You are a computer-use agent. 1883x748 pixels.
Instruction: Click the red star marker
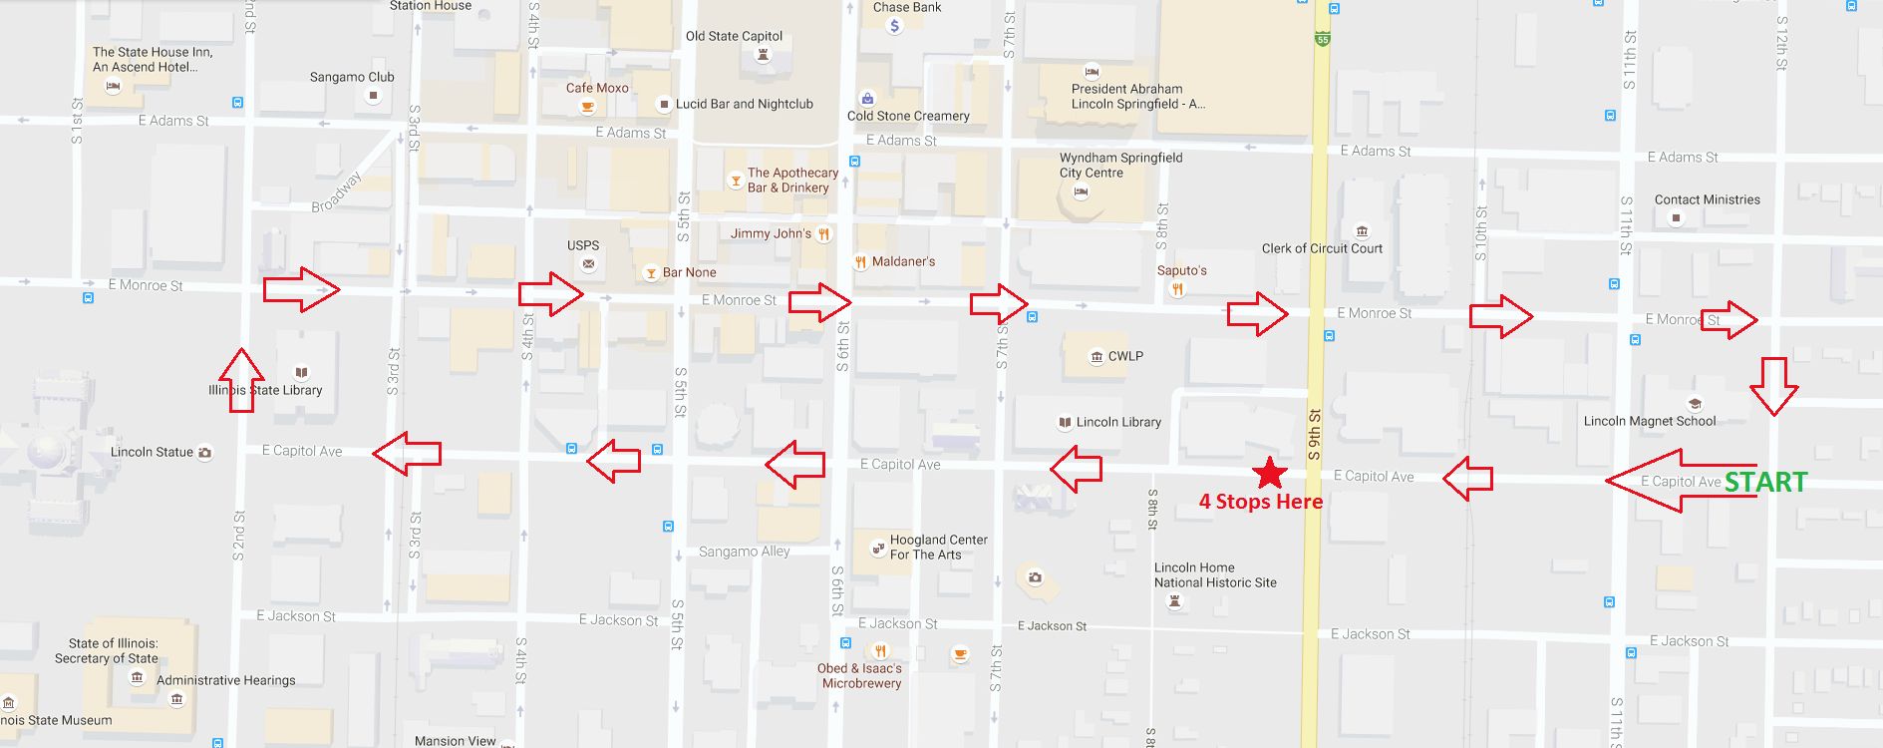tap(1268, 473)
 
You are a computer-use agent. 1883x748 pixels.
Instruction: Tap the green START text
tap(1765, 483)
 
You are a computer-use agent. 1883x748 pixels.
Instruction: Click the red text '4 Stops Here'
tap(1260, 502)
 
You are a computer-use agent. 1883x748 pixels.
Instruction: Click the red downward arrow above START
tap(1773, 386)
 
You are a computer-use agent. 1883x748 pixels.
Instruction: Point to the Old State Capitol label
tap(734, 36)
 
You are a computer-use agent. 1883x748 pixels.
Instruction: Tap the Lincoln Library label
tap(1118, 422)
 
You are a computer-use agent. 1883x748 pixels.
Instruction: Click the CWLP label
tap(1125, 356)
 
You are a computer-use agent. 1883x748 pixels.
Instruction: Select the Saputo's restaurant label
tap(1181, 270)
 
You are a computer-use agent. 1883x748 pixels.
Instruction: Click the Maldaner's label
tap(903, 261)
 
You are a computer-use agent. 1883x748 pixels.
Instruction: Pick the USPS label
tap(583, 245)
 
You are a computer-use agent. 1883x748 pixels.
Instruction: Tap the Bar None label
tap(689, 272)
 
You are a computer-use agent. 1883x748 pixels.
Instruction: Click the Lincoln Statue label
tap(152, 452)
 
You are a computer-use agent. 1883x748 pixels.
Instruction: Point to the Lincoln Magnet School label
tap(1650, 421)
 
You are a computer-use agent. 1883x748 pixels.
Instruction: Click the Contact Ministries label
tap(1707, 199)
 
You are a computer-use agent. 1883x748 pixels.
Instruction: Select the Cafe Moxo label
tap(597, 88)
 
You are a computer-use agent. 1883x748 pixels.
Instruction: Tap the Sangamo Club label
tap(352, 77)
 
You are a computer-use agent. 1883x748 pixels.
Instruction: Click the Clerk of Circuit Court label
tap(1322, 248)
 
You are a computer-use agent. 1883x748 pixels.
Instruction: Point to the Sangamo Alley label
tap(744, 552)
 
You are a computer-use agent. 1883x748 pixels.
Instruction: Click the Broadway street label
tap(336, 191)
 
